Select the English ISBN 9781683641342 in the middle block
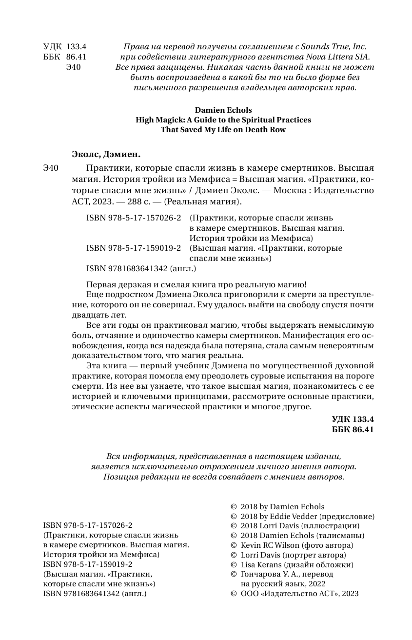pyautogui.click(x=127, y=268)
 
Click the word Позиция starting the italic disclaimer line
pyautogui.click(x=119, y=477)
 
